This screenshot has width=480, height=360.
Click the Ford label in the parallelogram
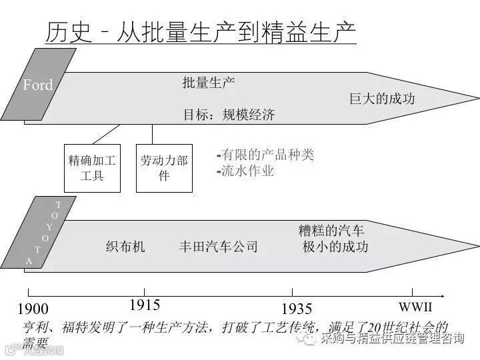pos(37,85)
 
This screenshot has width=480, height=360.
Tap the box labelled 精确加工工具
pos(92,168)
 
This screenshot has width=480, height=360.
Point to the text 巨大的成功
pos(382,99)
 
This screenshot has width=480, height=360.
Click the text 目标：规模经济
pos(229,114)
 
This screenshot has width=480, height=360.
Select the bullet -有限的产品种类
pos(265,155)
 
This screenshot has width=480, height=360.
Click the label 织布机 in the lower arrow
pos(125,247)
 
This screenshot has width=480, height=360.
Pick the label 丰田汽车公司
pos(218,247)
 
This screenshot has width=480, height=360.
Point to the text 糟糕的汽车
pos(331,231)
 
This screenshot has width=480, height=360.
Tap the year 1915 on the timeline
pos(145,305)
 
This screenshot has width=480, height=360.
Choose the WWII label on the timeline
pos(415,307)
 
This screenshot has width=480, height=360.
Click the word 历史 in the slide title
pos(66,32)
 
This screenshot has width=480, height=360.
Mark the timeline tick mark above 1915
pos(145,291)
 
